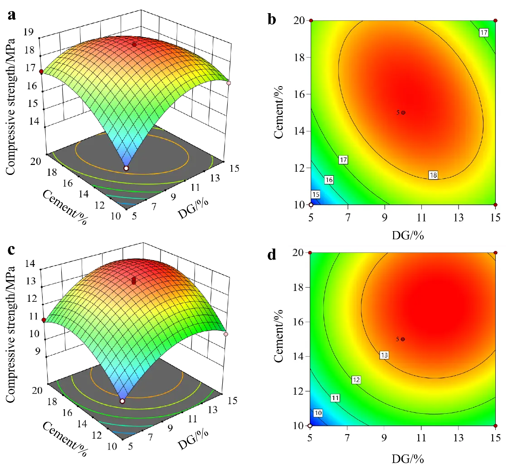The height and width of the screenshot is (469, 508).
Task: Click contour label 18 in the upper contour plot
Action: pos(433,175)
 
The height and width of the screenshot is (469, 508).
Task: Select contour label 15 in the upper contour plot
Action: pos(316,195)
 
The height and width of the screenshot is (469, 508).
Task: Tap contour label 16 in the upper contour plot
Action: pos(329,180)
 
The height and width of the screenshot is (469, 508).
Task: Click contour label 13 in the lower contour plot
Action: pos(384,355)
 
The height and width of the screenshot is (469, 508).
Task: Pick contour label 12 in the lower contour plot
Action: pos(356,380)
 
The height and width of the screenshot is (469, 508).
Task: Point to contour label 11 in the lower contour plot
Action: pos(335,398)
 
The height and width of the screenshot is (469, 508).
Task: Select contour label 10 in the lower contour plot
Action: pos(318,413)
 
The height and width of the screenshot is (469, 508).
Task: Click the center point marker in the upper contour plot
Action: pos(403,112)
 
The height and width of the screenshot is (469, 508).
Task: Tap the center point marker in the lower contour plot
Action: pos(403,339)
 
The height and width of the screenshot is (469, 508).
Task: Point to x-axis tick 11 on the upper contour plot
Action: pos(422,218)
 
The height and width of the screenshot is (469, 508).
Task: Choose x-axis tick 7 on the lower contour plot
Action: pos(347,438)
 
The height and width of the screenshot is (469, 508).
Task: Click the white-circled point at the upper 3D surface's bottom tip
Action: pos(126,168)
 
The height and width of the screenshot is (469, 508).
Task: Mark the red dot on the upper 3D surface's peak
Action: pos(134,44)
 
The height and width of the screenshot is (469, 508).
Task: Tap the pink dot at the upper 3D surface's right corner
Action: pos(229,83)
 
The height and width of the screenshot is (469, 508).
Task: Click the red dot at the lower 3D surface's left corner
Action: pos(44,320)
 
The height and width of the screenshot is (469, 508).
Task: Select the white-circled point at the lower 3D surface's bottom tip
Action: pos(122,401)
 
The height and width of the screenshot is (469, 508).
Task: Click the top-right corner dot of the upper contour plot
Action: pos(495,21)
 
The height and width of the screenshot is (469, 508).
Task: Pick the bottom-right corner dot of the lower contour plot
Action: pos(495,426)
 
